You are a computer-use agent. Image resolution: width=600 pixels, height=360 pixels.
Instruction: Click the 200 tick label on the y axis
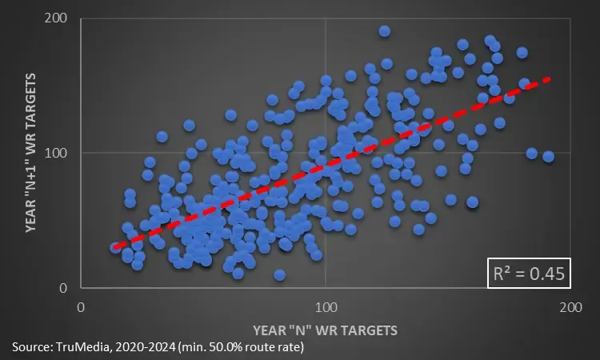57,18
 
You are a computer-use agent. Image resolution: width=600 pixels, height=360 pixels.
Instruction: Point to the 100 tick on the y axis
57,153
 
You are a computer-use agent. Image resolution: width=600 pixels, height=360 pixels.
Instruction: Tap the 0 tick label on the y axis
64,288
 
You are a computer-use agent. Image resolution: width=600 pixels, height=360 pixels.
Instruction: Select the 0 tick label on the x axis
81,307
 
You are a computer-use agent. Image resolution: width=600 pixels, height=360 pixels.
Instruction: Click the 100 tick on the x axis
326,307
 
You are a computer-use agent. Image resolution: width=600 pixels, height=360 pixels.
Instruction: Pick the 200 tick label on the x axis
570,307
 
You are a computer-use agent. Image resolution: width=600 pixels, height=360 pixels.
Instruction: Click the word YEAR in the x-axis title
270,329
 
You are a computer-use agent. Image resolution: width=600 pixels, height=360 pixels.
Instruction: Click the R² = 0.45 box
530,274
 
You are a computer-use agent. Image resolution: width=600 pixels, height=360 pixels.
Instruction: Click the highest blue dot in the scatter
385,31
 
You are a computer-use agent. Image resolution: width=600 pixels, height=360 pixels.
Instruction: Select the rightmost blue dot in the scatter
548,156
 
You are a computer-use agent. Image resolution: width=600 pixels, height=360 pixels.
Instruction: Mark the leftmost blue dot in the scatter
115,248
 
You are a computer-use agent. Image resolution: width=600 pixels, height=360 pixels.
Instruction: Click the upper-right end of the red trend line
550,78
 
